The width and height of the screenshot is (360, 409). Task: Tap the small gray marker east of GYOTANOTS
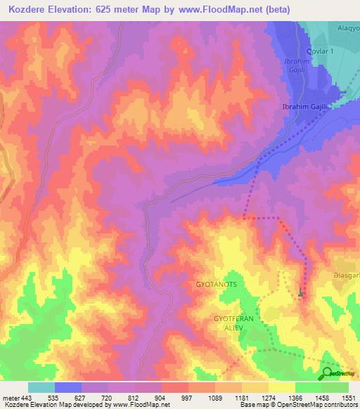pyautogui.click(x=302, y=293)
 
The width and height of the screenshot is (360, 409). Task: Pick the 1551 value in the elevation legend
pyautogui.click(x=348, y=397)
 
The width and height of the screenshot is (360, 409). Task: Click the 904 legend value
pyautogui.click(x=162, y=397)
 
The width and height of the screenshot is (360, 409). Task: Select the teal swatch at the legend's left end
pyautogui.click(x=41, y=387)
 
